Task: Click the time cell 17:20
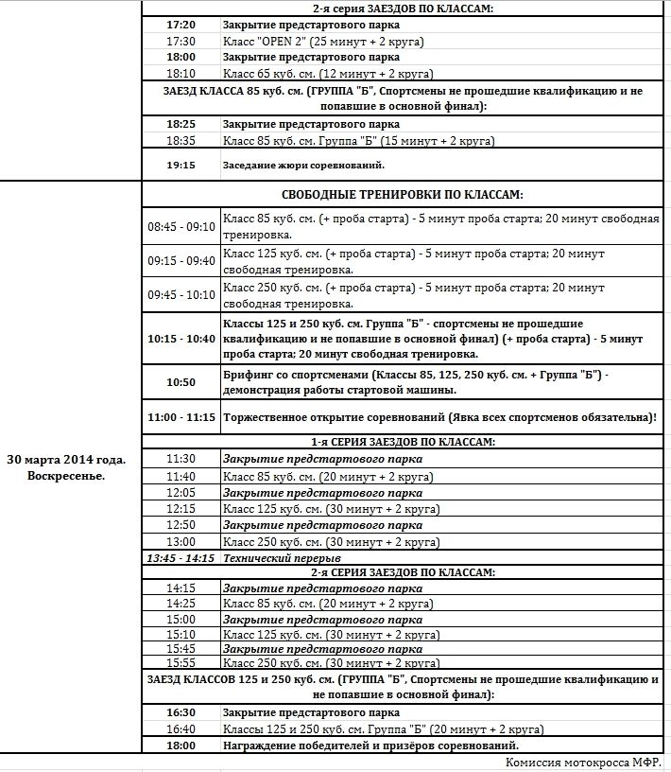coord(181,25)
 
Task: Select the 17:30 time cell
coord(181,41)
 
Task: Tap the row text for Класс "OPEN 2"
coord(321,41)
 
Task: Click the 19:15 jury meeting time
coord(181,165)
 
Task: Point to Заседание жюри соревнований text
coord(303,165)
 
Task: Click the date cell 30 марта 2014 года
coord(66,466)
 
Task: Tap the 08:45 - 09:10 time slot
coord(181,227)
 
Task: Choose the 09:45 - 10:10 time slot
coord(181,294)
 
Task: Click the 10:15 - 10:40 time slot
coord(181,338)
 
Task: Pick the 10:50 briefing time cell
coord(181,382)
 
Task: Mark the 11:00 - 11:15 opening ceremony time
coord(181,416)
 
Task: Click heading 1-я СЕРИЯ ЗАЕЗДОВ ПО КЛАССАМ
coord(402,441)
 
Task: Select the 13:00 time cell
coord(181,541)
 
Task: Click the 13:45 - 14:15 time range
coord(181,557)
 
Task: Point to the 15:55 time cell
coord(181,663)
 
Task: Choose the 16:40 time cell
coord(181,729)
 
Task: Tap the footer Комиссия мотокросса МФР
coord(583,763)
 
